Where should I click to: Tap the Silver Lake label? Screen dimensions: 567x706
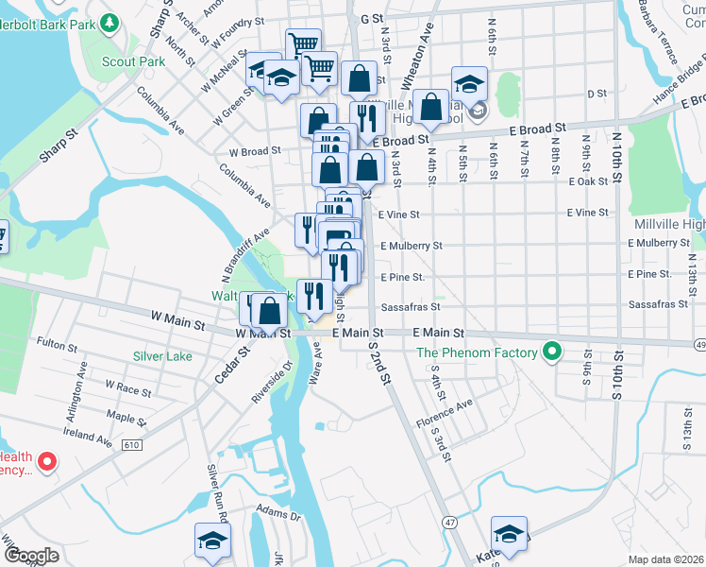pos(162,356)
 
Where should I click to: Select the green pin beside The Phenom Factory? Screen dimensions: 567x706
pos(553,354)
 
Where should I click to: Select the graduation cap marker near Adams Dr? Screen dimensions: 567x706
pos(212,541)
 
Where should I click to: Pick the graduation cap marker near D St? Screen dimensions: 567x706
pos(469,85)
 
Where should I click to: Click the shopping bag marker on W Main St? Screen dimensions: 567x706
pos(270,311)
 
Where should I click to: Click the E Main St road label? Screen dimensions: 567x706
pos(439,334)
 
